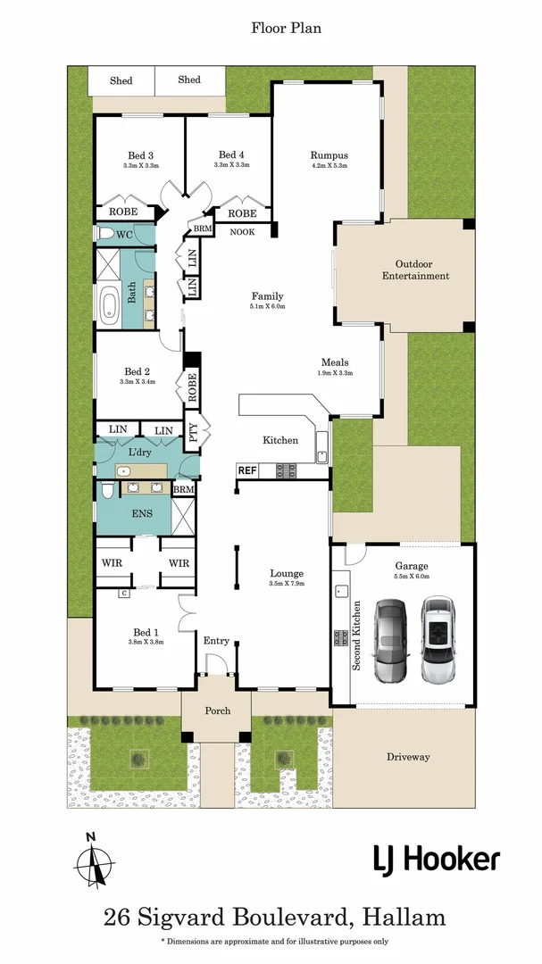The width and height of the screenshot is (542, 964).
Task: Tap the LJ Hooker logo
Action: [x=436, y=860]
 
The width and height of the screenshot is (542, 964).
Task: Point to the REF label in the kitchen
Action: [x=247, y=470]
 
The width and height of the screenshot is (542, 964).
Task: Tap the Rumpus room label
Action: [x=329, y=154]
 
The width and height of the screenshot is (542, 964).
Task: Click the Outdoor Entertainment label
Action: [x=415, y=270]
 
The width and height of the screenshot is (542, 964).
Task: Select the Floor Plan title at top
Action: [x=286, y=28]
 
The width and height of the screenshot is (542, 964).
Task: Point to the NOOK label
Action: [x=242, y=232]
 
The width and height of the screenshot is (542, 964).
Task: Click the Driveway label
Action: [x=408, y=757]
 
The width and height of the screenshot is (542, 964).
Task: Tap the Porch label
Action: [x=217, y=711]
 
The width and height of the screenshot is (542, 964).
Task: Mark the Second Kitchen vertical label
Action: [x=356, y=634]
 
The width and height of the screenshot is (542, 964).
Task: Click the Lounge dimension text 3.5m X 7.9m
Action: [x=287, y=584]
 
